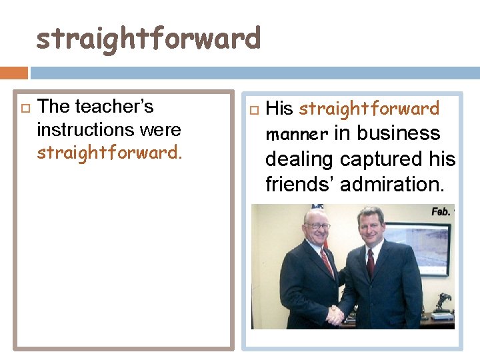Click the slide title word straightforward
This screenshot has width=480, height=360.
(148, 38)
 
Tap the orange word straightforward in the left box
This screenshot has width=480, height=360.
(107, 152)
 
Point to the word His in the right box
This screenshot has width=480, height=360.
(279, 109)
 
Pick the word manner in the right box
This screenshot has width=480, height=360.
(297, 135)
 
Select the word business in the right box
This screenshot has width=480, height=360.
(398, 133)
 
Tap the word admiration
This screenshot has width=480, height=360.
(391, 184)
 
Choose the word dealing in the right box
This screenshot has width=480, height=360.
(299, 159)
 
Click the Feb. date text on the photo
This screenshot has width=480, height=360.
(441, 211)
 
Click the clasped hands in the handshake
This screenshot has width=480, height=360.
(335, 315)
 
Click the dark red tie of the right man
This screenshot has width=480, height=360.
(371, 263)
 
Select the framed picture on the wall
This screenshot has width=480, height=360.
(421, 247)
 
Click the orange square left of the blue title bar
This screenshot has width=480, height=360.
(14, 72)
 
